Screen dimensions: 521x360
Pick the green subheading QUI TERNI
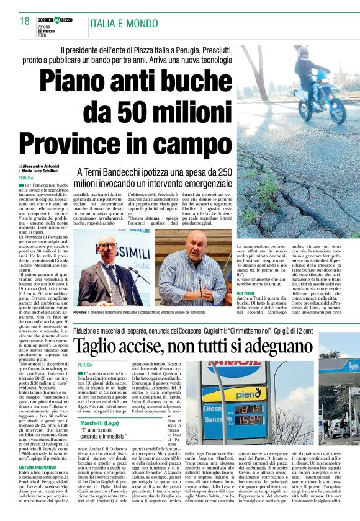[246, 293]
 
